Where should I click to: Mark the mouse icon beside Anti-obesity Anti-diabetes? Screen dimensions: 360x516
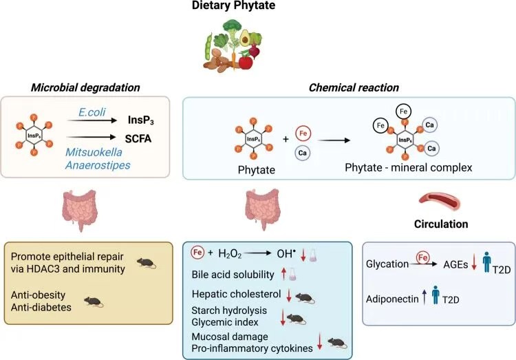pyautogui.click(x=93, y=301)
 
